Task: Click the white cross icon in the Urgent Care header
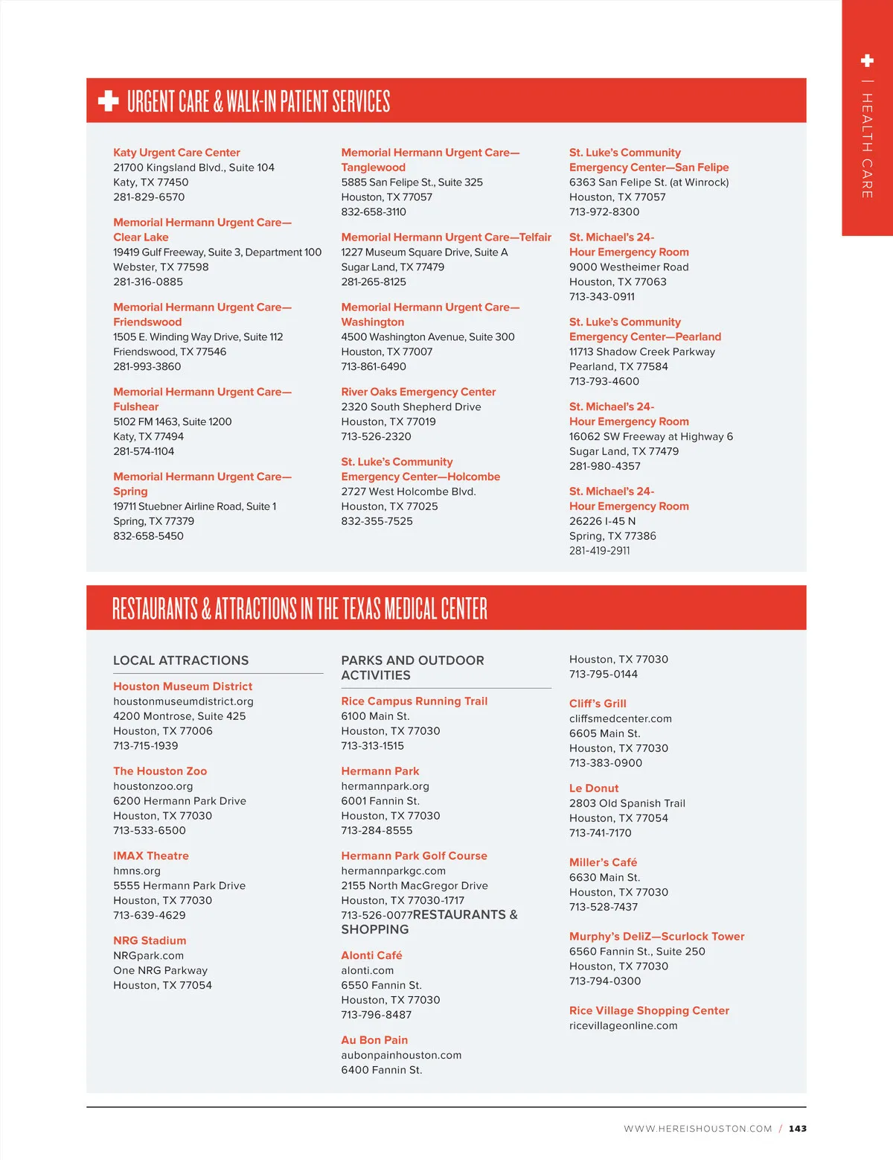pos(109,101)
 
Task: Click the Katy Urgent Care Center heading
pos(176,153)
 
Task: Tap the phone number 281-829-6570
pos(149,197)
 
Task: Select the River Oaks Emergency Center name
pos(418,392)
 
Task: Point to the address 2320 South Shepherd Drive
pos(411,407)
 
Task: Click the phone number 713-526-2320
pos(376,437)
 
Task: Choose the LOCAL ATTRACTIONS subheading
pos(181,660)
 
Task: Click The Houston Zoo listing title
pos(160,771)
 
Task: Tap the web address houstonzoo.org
pos(153,786)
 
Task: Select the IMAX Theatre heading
pos(151,856)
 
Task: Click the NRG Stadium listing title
pos(150,941)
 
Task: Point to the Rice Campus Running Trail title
pos(414,701)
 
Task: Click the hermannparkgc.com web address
pos(393,871)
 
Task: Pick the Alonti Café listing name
pos(371,956)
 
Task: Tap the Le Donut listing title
pos(594,788)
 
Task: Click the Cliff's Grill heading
pos(598,704)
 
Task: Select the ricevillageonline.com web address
pos(623,1026)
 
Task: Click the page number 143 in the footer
pos(798,1129)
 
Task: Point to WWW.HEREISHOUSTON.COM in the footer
pos(697,1129)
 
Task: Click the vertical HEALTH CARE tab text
pos(867,145)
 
